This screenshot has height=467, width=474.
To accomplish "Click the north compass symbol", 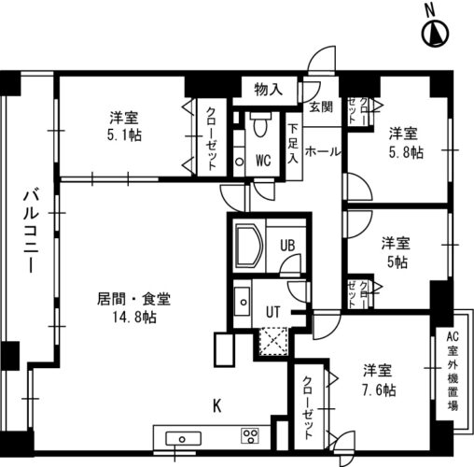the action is [x=436, y=34].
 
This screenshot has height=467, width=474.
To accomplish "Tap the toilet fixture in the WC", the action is [x=260, y=125].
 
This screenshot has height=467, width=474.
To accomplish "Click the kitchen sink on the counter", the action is [x=183, y=439].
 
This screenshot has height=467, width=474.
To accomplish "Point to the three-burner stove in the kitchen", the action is [x=250, y=435].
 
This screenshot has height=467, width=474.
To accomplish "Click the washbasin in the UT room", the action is [x=243, y=302].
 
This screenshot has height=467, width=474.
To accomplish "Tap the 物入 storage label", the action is [x=268, y=90].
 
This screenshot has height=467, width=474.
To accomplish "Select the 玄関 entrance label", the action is [x=321, y=107].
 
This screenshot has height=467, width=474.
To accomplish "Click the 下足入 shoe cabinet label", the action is [x=292, y=144].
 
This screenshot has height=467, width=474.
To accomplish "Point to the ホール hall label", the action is [x=323, y=152].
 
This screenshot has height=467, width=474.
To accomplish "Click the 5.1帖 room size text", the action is [x=124, y=135].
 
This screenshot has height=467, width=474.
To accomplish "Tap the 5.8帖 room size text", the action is [x=406, y=153].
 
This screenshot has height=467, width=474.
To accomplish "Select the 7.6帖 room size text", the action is [x=379, y=389].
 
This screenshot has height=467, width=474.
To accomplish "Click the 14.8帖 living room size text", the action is [x=134, y=317].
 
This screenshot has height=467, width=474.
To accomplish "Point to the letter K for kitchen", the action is [x=216, y=406].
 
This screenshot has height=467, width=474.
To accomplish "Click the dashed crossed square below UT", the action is [x=272, y=341].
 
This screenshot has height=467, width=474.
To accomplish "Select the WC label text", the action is [x=263, y=161].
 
